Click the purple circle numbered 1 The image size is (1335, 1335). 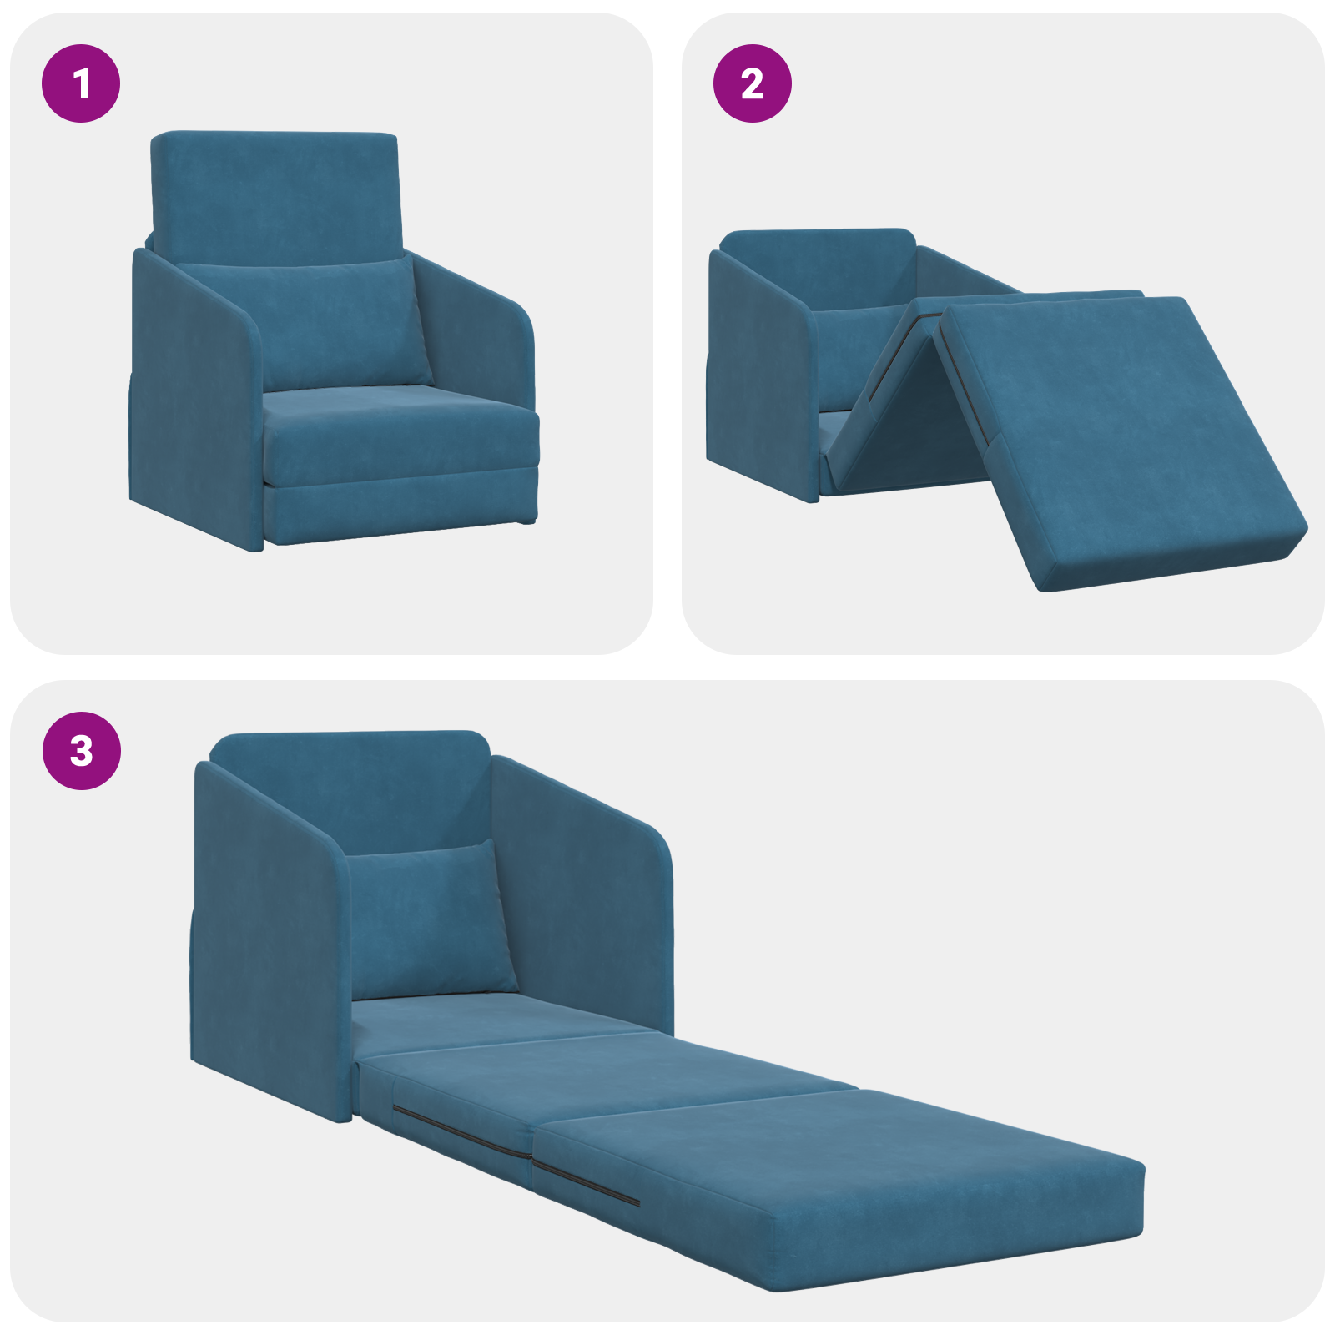coord(81,83)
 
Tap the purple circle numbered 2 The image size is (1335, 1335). coord(752,83)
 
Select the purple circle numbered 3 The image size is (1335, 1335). coord(81,750)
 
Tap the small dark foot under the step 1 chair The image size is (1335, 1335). coord(526,521)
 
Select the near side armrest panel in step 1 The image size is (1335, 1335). coord(192,400)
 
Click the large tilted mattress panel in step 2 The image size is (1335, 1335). coord(1118,434)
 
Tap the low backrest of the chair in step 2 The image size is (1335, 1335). coord(818,267)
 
